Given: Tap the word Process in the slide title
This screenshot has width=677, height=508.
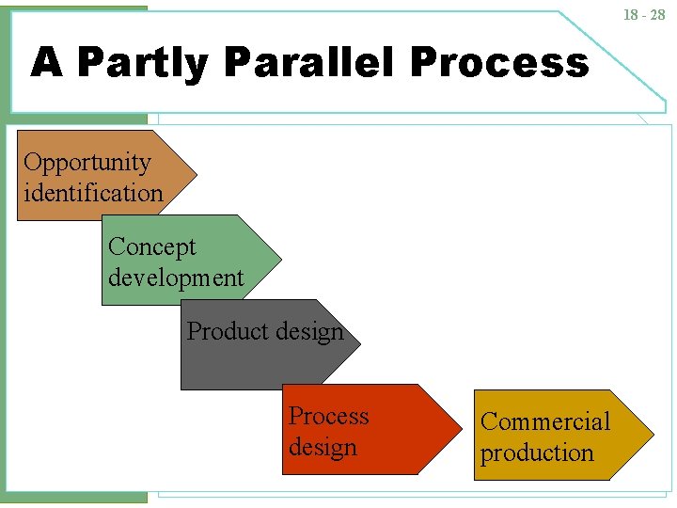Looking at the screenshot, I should (x=498, y=63).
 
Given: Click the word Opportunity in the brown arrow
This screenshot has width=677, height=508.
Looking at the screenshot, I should (x=87, y=162).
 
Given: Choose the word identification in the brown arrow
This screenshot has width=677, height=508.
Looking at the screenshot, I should (x=93, y=193).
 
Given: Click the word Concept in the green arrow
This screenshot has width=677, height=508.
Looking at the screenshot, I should (x=151, y=246).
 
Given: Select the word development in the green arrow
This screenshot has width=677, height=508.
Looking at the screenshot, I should (x=175, y=278).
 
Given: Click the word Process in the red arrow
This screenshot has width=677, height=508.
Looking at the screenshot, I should (x=328, y=416).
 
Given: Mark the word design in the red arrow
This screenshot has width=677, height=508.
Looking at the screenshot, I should (x=323, y=447).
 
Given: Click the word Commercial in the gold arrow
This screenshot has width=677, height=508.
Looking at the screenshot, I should (x=545, y=421).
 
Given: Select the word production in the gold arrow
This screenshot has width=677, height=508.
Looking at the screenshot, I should (x=537, y=452).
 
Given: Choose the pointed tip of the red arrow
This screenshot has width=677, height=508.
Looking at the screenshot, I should (x=461, y=428).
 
